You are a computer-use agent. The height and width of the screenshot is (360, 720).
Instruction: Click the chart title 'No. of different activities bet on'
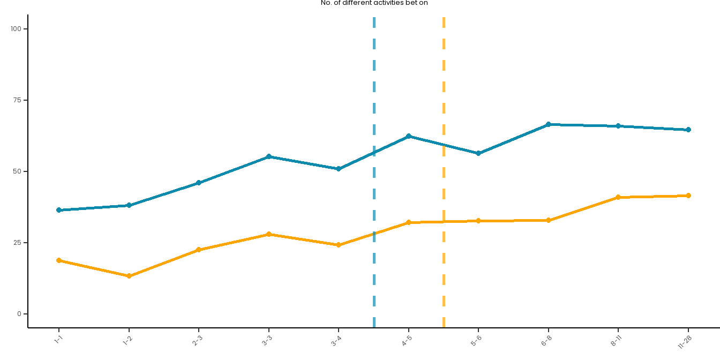(374, 3)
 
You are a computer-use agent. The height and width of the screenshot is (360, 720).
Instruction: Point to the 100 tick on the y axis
(19, 29)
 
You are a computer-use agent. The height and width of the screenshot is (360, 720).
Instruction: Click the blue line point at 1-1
(59, 210)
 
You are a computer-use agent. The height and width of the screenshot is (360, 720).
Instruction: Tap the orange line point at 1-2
(129, 276)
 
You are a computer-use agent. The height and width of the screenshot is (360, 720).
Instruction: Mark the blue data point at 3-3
(269, 156)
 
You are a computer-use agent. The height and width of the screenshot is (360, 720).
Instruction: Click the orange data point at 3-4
(339, 245)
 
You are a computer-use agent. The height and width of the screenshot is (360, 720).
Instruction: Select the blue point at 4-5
(409, 136)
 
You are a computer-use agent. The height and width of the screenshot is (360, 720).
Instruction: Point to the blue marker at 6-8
(549, 124)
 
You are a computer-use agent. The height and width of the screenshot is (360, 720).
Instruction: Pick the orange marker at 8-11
(618, 197)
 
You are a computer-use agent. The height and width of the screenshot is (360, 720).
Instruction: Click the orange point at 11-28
(688, 196)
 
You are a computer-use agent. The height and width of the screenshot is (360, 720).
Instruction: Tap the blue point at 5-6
(478, 153)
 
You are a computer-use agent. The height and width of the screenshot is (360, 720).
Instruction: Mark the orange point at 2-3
(199, 250)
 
